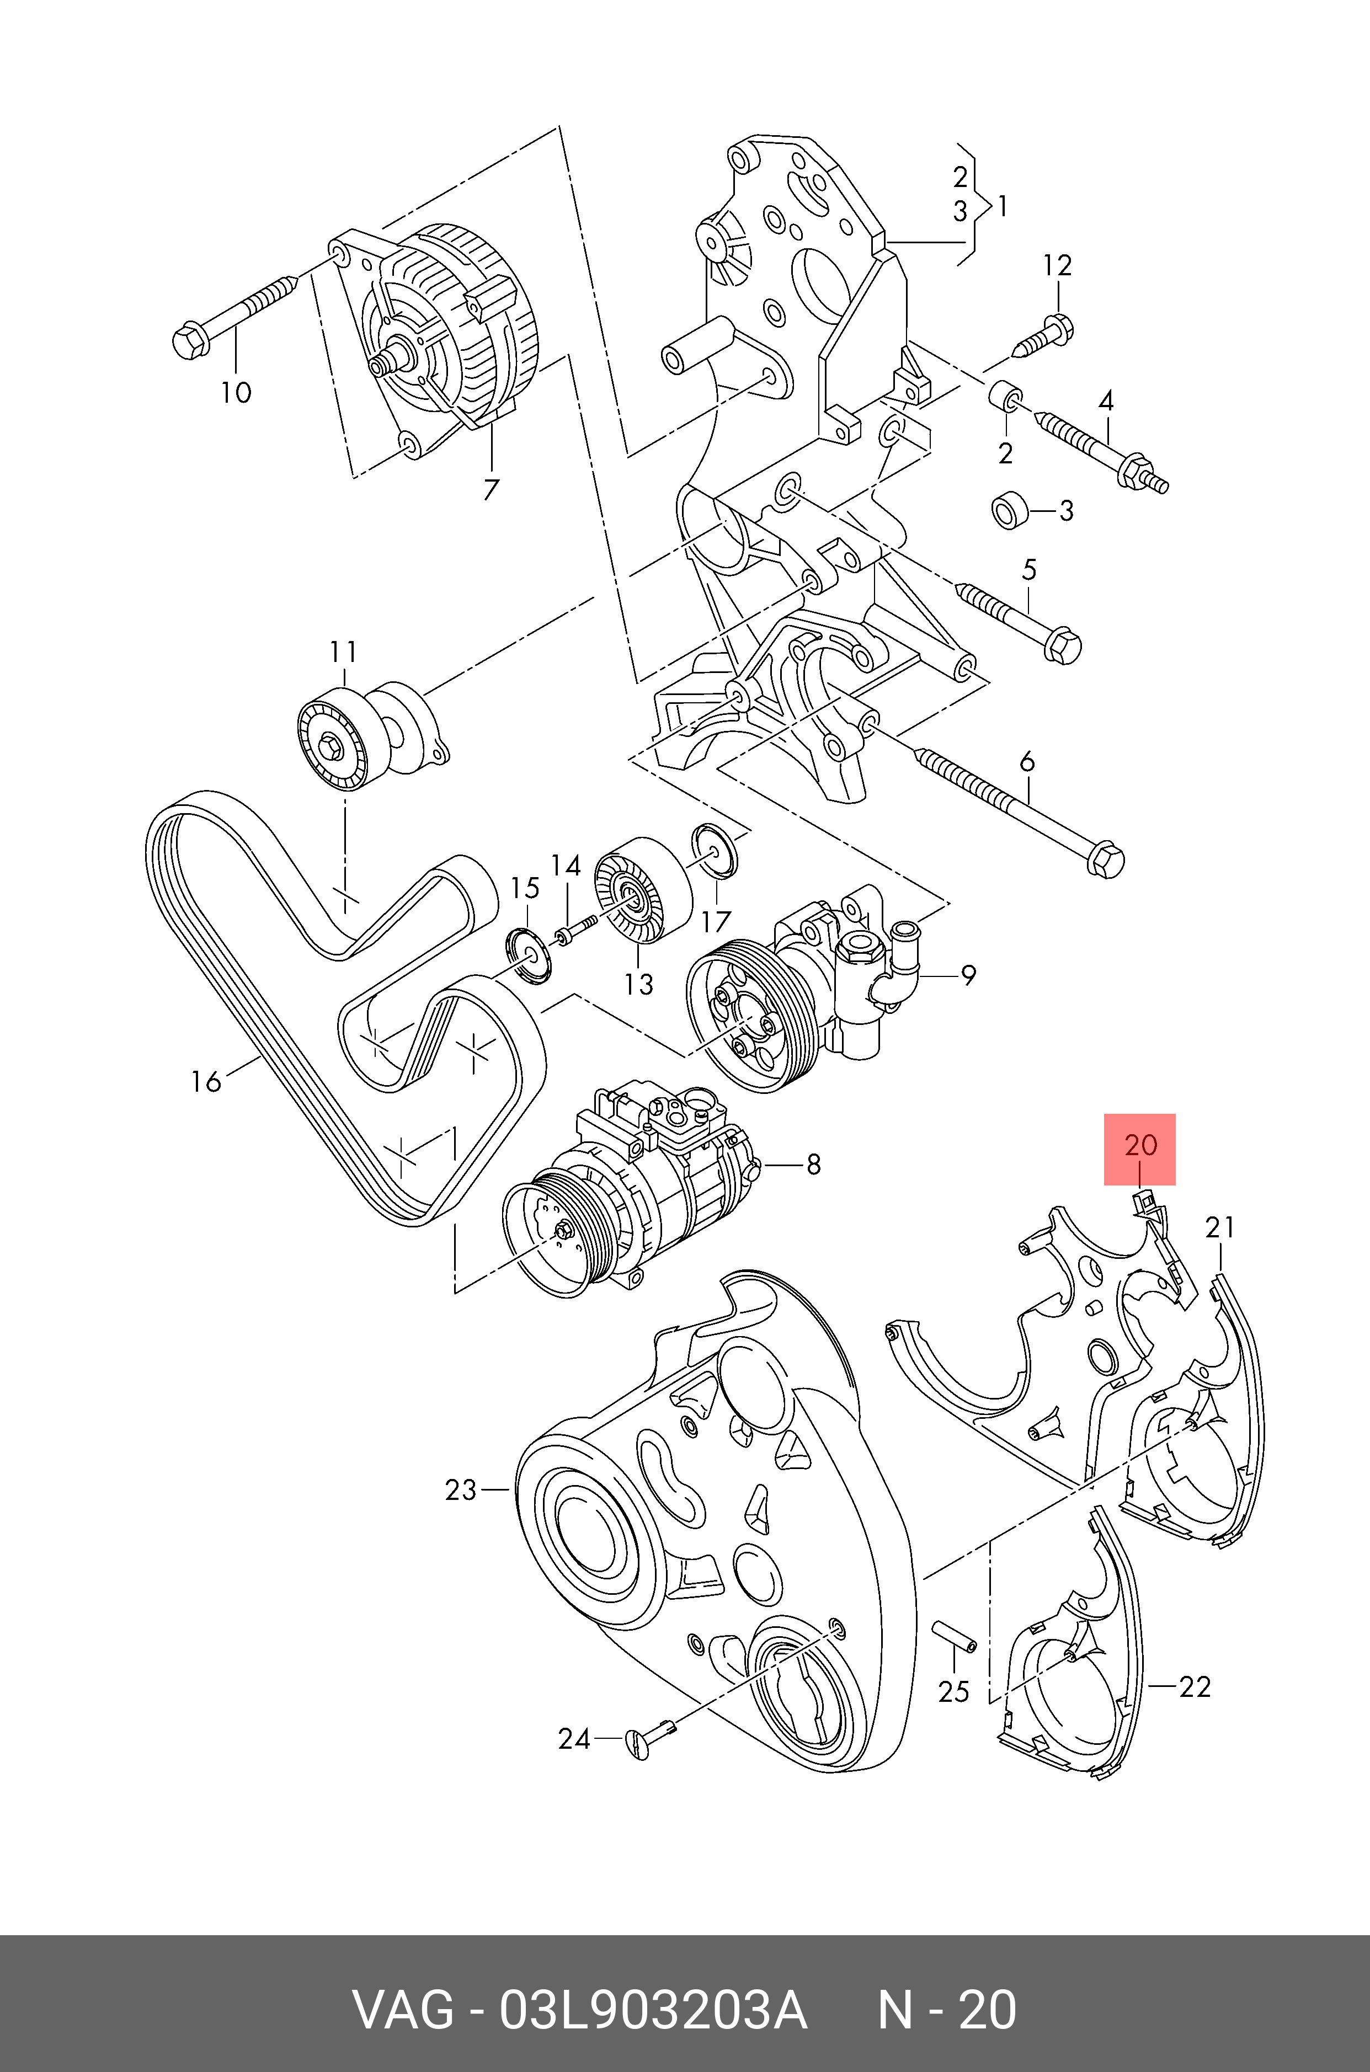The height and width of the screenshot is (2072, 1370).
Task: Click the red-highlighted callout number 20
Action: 1139,1145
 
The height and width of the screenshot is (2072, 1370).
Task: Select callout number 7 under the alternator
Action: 491,489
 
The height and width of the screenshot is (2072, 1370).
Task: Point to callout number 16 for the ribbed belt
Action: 206,1082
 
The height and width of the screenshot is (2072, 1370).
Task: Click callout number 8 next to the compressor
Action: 813,1165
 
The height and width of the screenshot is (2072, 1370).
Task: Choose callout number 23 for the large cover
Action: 461,1489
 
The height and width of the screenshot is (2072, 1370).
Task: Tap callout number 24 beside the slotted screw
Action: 574,1739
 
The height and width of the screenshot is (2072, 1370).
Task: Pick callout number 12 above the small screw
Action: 1057,265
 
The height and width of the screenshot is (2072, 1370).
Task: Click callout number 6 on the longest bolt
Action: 1027,762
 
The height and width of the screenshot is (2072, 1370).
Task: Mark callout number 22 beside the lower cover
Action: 1195,1687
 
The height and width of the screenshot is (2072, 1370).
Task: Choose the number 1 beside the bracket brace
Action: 1002,207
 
